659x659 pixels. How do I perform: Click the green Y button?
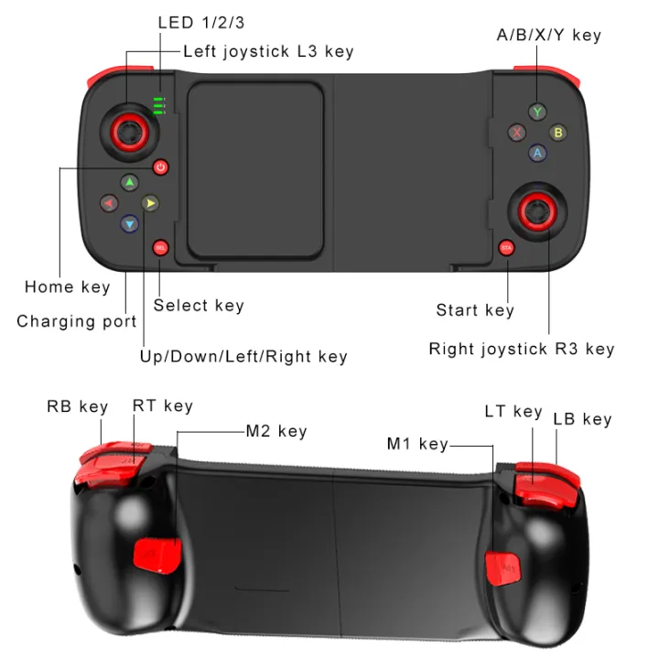tap(538, 112)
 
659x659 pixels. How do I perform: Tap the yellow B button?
tap(557, 133)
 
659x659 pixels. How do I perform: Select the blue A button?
tap(538, 154)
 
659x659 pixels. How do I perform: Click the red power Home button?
tap(161, 167)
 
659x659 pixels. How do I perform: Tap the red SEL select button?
tap(161, 247)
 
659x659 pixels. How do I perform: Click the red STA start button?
tap(506, 247)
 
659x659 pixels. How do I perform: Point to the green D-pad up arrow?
tap(129, 182)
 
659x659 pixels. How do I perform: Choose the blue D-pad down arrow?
tap(129, 222)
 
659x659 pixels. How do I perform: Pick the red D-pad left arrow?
tap(108, 202)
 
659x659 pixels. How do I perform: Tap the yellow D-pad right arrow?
tap(151, 202)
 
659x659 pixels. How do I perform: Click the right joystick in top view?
tap(538, 211)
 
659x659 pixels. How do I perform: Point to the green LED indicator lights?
tap(159, 105)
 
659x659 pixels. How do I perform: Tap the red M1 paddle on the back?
tap(502, 566)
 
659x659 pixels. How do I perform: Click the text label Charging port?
tap(77, 321)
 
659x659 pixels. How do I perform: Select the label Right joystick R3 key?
tap(522, 349)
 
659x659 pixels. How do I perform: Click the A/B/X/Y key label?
tap(549, 35)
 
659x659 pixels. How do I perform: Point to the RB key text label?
tap(78, 406)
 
